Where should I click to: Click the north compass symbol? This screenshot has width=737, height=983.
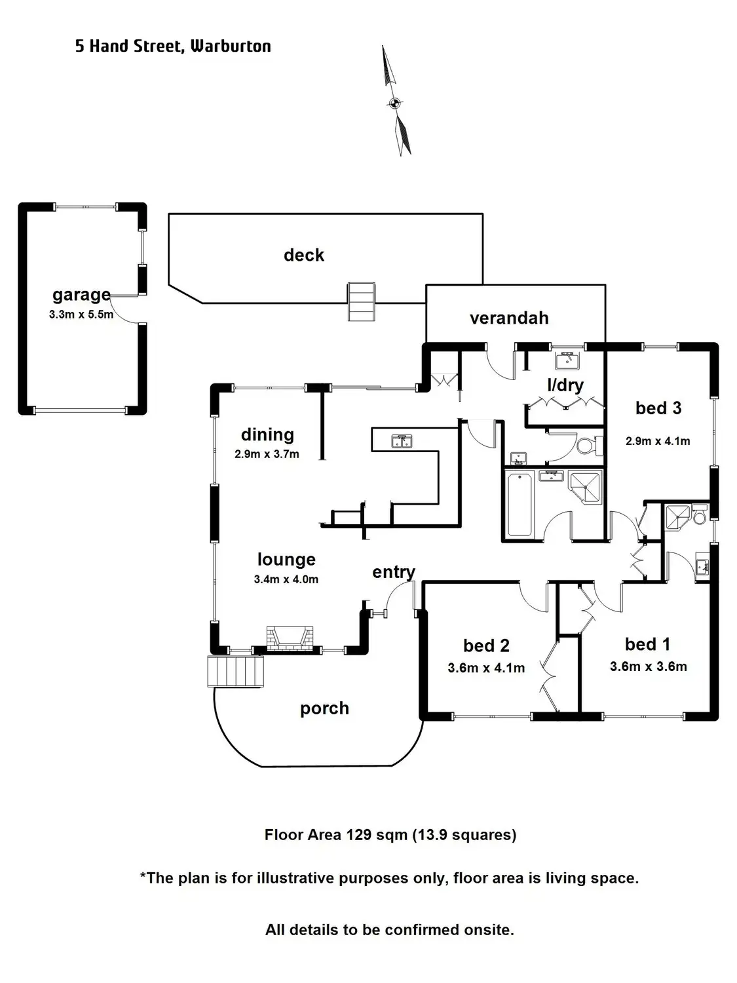tap(396, 102)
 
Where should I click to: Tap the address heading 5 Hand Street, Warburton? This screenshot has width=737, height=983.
tap(173, 46)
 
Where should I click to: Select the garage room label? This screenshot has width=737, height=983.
tap(81, 295)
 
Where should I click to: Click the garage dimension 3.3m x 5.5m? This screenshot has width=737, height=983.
tap(81, 315)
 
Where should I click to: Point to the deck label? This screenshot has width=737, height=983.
tap(304, 255)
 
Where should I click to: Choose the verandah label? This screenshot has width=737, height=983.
tap(509, 318)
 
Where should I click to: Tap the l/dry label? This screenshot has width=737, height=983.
tap(565, 385)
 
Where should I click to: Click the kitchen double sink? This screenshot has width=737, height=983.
tap(402, 442)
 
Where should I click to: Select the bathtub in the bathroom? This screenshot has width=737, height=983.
tap(520, 505)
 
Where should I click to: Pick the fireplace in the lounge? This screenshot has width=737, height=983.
tap(290, 638)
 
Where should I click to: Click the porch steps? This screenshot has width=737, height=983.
tap(236, 671)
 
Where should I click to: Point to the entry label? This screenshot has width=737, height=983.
tap(393, 572)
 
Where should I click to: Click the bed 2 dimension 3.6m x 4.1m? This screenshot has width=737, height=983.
tap(486, 668)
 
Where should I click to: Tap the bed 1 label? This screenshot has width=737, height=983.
tap(647, 644)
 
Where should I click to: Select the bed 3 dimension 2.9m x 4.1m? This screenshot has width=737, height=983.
tap(658, 441)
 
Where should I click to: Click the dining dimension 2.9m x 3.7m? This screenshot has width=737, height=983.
tap(267, 454)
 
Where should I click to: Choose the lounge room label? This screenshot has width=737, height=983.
tap(286, 559)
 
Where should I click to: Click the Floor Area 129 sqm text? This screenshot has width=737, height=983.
tap(390, 835)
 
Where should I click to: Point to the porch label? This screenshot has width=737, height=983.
tap(324, 708)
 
